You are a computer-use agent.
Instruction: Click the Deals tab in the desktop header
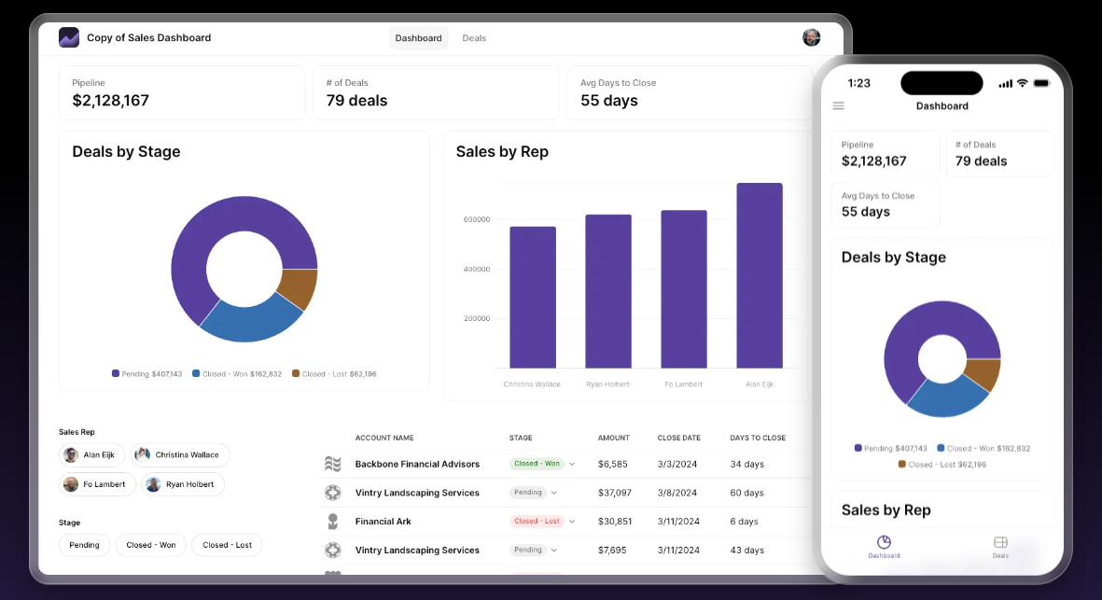pos(474,38)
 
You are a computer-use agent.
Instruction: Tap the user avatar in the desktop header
pos(812,37)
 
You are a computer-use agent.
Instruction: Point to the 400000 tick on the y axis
pos(477,270)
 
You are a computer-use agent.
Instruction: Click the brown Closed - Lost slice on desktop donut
pos(300,288)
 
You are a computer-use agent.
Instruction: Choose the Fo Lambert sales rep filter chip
pos(98,484)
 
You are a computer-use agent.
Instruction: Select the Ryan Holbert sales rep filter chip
pos(182,484)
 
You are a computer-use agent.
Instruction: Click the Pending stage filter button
pos(85,545)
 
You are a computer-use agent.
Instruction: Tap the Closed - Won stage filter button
pos(151,545)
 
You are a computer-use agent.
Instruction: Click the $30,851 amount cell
pos(615,522)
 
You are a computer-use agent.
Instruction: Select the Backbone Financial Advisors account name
pos(417,464)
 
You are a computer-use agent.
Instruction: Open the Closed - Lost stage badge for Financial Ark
pos(537,522)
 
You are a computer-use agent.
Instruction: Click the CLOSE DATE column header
pos(678,438)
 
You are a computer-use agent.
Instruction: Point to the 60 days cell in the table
pos(746,493)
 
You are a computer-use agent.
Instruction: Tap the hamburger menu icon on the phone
pos(838,106)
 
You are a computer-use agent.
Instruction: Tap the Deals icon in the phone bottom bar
pos(1000,546)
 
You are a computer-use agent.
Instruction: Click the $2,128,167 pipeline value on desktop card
pos(110,101)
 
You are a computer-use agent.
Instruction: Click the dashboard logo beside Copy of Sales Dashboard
pos(69,37)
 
